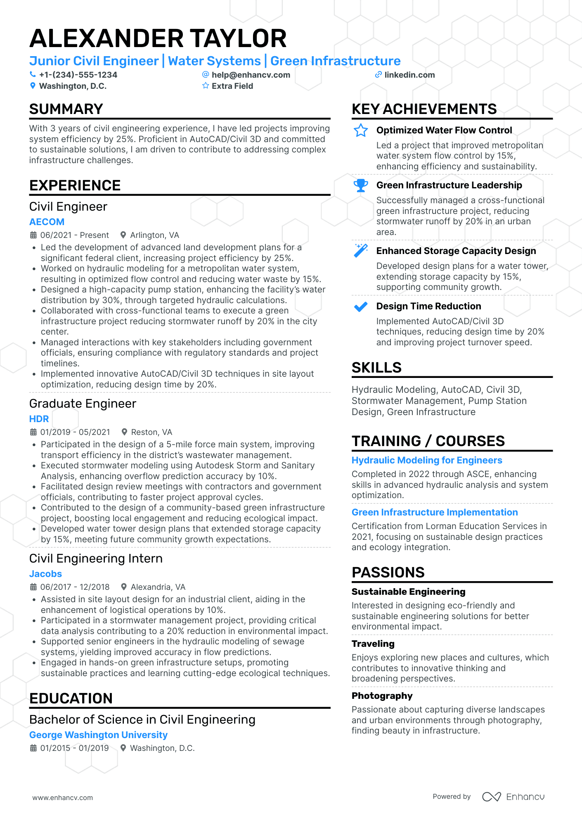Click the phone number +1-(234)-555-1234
[78, 75]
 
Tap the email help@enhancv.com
[251, 75]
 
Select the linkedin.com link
[409, 75]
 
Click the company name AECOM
[47, 222]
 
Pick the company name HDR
[39, 419]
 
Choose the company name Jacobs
[45, 574]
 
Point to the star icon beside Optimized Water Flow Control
[361, 131]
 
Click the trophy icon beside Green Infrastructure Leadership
[361, 185]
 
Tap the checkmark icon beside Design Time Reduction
[361, 306]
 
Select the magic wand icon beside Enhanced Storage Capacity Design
[361, 250]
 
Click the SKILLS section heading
[376, 367]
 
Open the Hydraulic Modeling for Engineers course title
[427, 460]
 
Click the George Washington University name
[98, 735]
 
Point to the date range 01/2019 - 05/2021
[75, 432]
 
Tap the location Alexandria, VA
[158, 587]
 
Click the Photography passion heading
[382, 696]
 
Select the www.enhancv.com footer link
[63, 798]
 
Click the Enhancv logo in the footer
[513, 797]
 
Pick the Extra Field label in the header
[232, 86]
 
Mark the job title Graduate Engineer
[83, 404]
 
